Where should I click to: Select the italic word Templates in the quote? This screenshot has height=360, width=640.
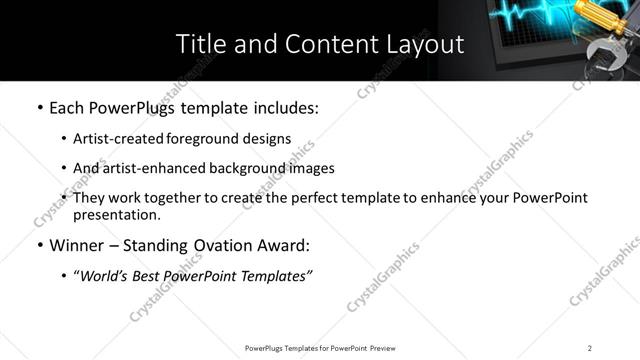point(274,276)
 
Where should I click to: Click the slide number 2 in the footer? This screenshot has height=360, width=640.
point(590,347)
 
